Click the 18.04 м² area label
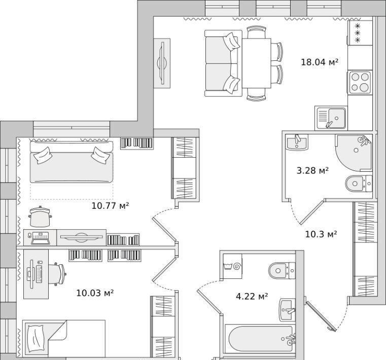(x=319, y=62)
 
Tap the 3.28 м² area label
(x=312, y=170)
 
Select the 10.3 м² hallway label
(x=321, y=234)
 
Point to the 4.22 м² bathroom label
(x=252, y=296)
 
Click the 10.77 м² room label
(x=110, y=205)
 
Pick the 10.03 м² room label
(x=95, y=293)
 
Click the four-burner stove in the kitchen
(x=360, y=83)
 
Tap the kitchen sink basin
(x=336, y=118)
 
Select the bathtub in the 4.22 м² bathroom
(x=261, y=339)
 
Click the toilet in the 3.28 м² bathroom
(x=359, y=184)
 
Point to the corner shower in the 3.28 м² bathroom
(x=354, y=153)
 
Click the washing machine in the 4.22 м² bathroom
(x=232, y=266)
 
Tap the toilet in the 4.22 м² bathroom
(x=282, y=271)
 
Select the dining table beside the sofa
(x=257, y=63)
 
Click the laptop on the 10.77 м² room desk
(x=40, y=238)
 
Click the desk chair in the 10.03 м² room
(x=57, y=274)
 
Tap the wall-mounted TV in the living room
(x=162, y=63)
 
